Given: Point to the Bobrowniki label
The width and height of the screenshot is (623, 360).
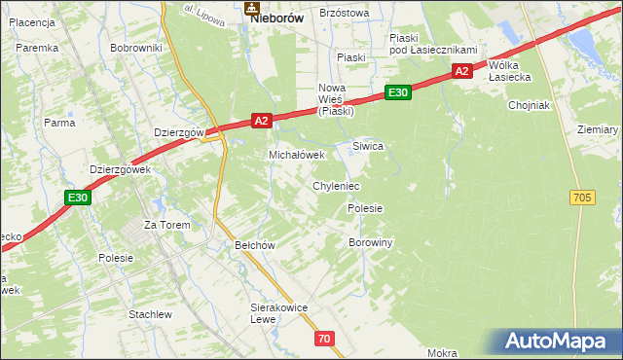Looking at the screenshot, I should pos(136,48).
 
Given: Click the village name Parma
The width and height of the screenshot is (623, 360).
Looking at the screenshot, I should pos(59,123).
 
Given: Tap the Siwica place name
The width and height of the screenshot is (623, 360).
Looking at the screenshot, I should pos(368,146).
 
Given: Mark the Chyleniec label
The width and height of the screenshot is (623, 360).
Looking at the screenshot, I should pos(336,185).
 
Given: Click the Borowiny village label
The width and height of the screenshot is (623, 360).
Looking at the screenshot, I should pos(370,242).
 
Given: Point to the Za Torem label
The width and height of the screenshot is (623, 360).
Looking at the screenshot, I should pos(166,225).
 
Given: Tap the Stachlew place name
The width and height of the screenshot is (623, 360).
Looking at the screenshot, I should pos(150,314).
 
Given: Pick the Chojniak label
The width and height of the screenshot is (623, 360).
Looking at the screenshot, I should pos(530,105).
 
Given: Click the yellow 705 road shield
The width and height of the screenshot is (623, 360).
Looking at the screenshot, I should pos(582,198).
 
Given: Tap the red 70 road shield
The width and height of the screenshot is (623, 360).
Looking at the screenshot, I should pos(325,339).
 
